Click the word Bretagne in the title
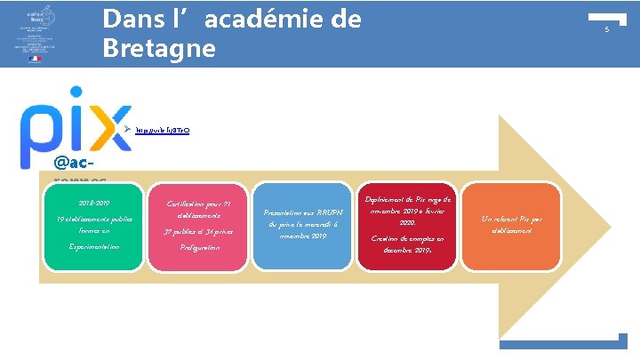coord(159,47)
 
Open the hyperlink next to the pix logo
coord(162,130)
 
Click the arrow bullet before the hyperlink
coord(128,130)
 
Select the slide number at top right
coord(606,30)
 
